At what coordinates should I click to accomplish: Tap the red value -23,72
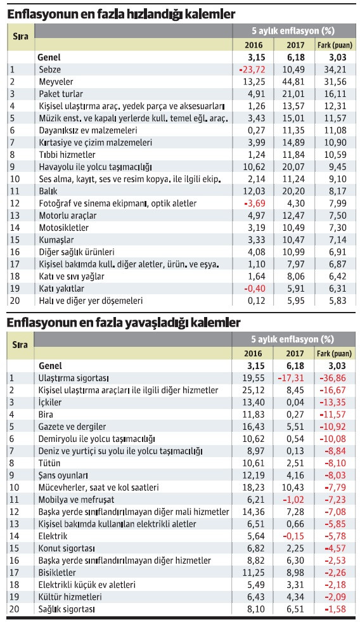(254, 68)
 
